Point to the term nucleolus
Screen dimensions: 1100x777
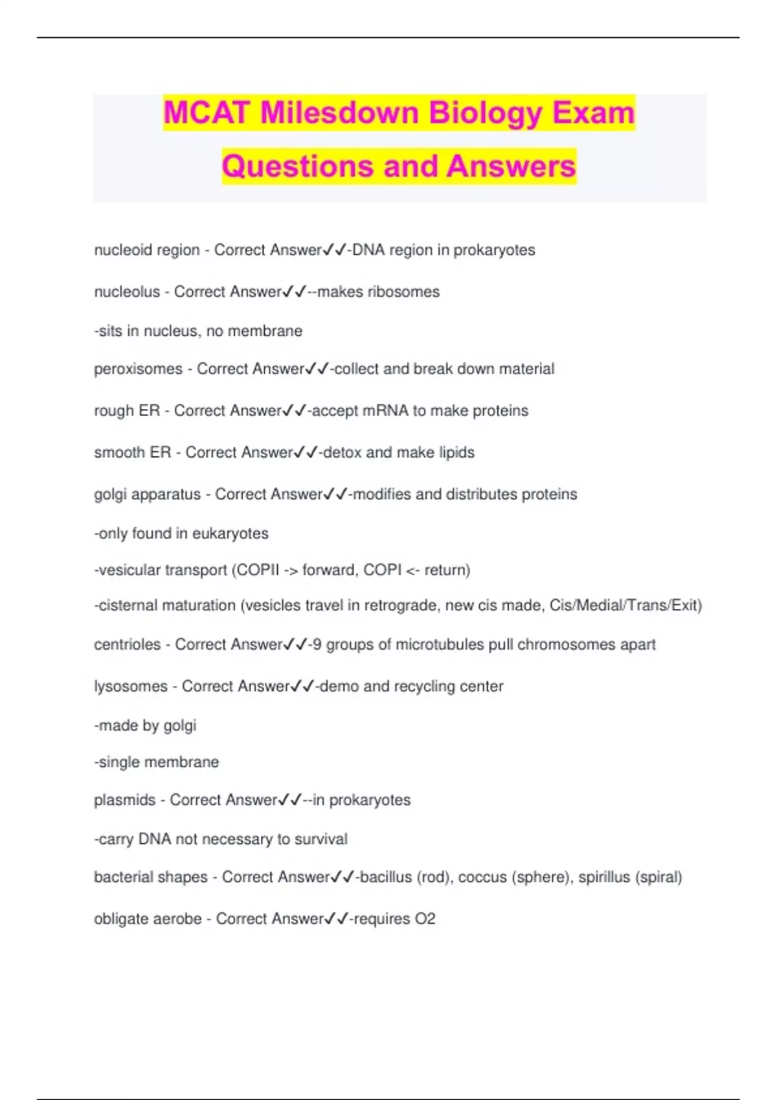pos(127,292)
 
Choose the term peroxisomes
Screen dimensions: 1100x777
pos(138,369)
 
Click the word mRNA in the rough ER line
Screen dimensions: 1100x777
pos(386,411)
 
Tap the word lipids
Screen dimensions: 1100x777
pos(456,452)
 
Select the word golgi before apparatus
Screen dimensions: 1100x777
pos(110,495)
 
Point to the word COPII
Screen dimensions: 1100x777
pos(257,570)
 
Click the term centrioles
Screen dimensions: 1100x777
pos(127,644)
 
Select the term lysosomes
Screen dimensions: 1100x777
pos(130,687)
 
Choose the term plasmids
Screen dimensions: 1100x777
pos(124,800)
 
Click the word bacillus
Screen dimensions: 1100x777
pos(385,877)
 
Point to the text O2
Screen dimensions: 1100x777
pos(425,919)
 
